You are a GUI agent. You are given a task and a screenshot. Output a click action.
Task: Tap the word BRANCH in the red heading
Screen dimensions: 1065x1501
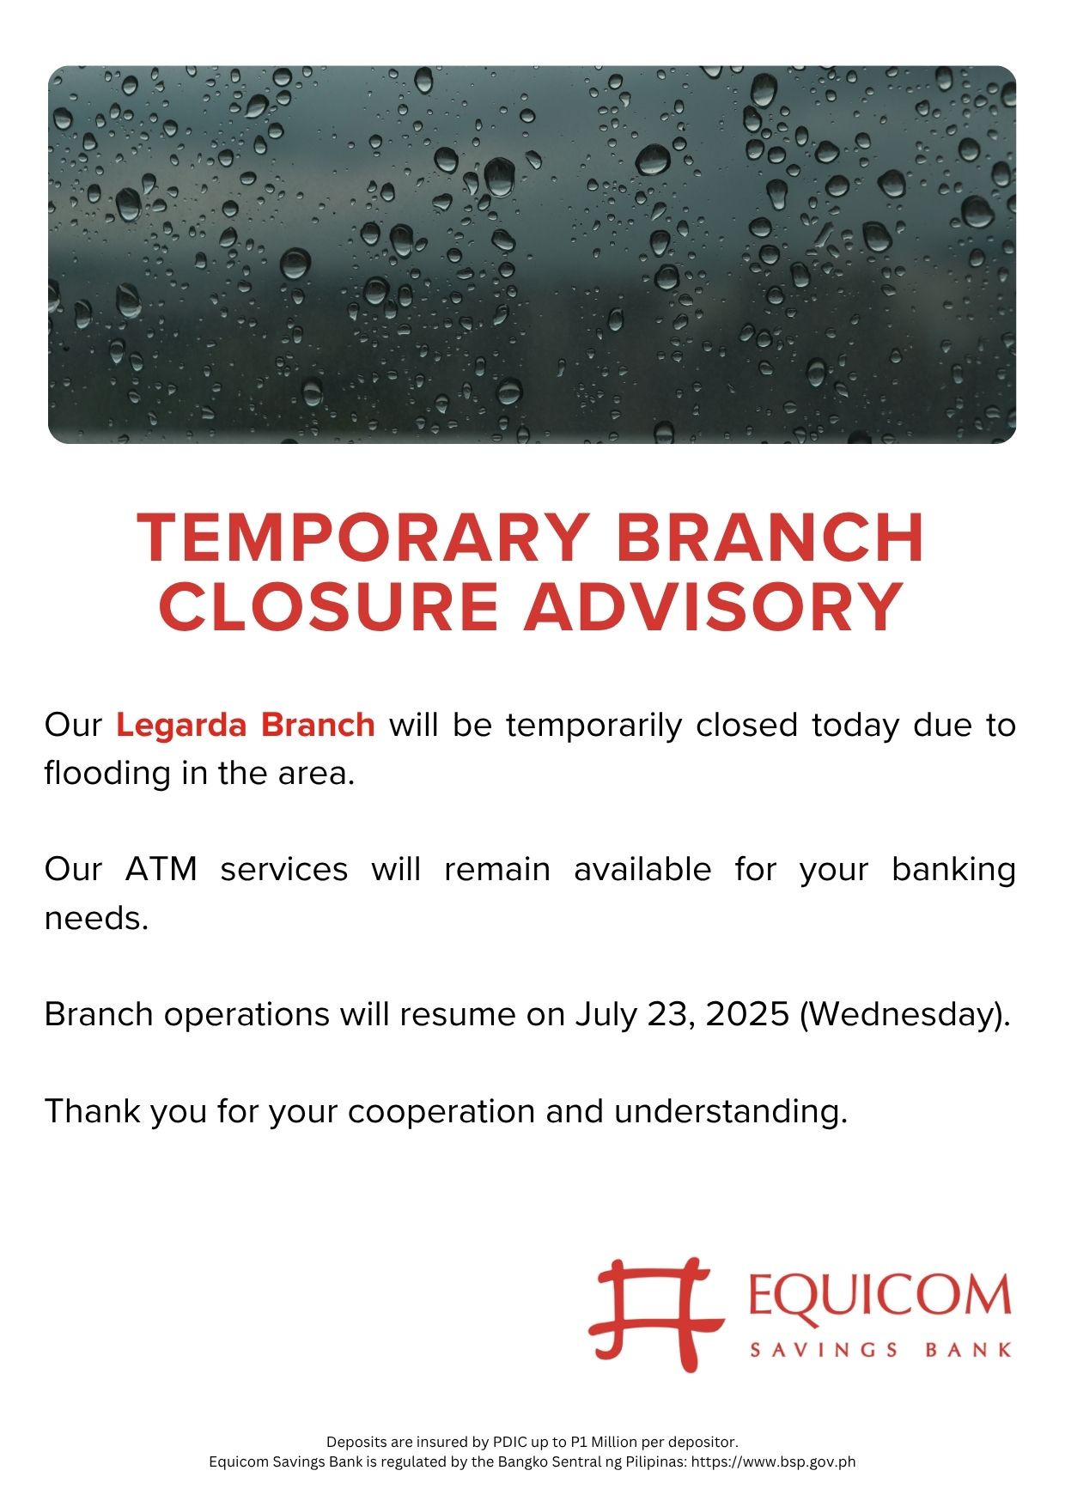[x=770, y=538]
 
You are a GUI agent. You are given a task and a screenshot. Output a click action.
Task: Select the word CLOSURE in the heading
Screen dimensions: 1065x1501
[x=328, y=606]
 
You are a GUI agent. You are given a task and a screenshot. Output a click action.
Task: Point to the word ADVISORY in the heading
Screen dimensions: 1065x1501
[x=714, y=606]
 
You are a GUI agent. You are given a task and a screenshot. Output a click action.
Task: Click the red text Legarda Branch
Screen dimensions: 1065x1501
[x=246, y=725]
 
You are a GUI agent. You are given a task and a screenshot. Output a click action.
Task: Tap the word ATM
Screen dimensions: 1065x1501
[x=161, y=869]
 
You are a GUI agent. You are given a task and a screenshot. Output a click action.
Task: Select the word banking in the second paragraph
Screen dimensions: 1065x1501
[x=953, y=871]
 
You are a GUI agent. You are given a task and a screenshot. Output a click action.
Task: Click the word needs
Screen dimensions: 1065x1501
[x=96, y=919]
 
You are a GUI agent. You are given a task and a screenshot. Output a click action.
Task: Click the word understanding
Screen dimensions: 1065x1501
[x=730, y=1112]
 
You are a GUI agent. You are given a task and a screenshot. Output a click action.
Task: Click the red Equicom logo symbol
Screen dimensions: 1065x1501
[x=656, y=1314]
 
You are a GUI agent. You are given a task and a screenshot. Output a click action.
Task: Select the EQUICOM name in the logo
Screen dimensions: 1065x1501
[x=879, y=1296]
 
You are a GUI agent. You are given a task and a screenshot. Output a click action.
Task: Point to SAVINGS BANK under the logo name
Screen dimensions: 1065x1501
[x=881, y=1351]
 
